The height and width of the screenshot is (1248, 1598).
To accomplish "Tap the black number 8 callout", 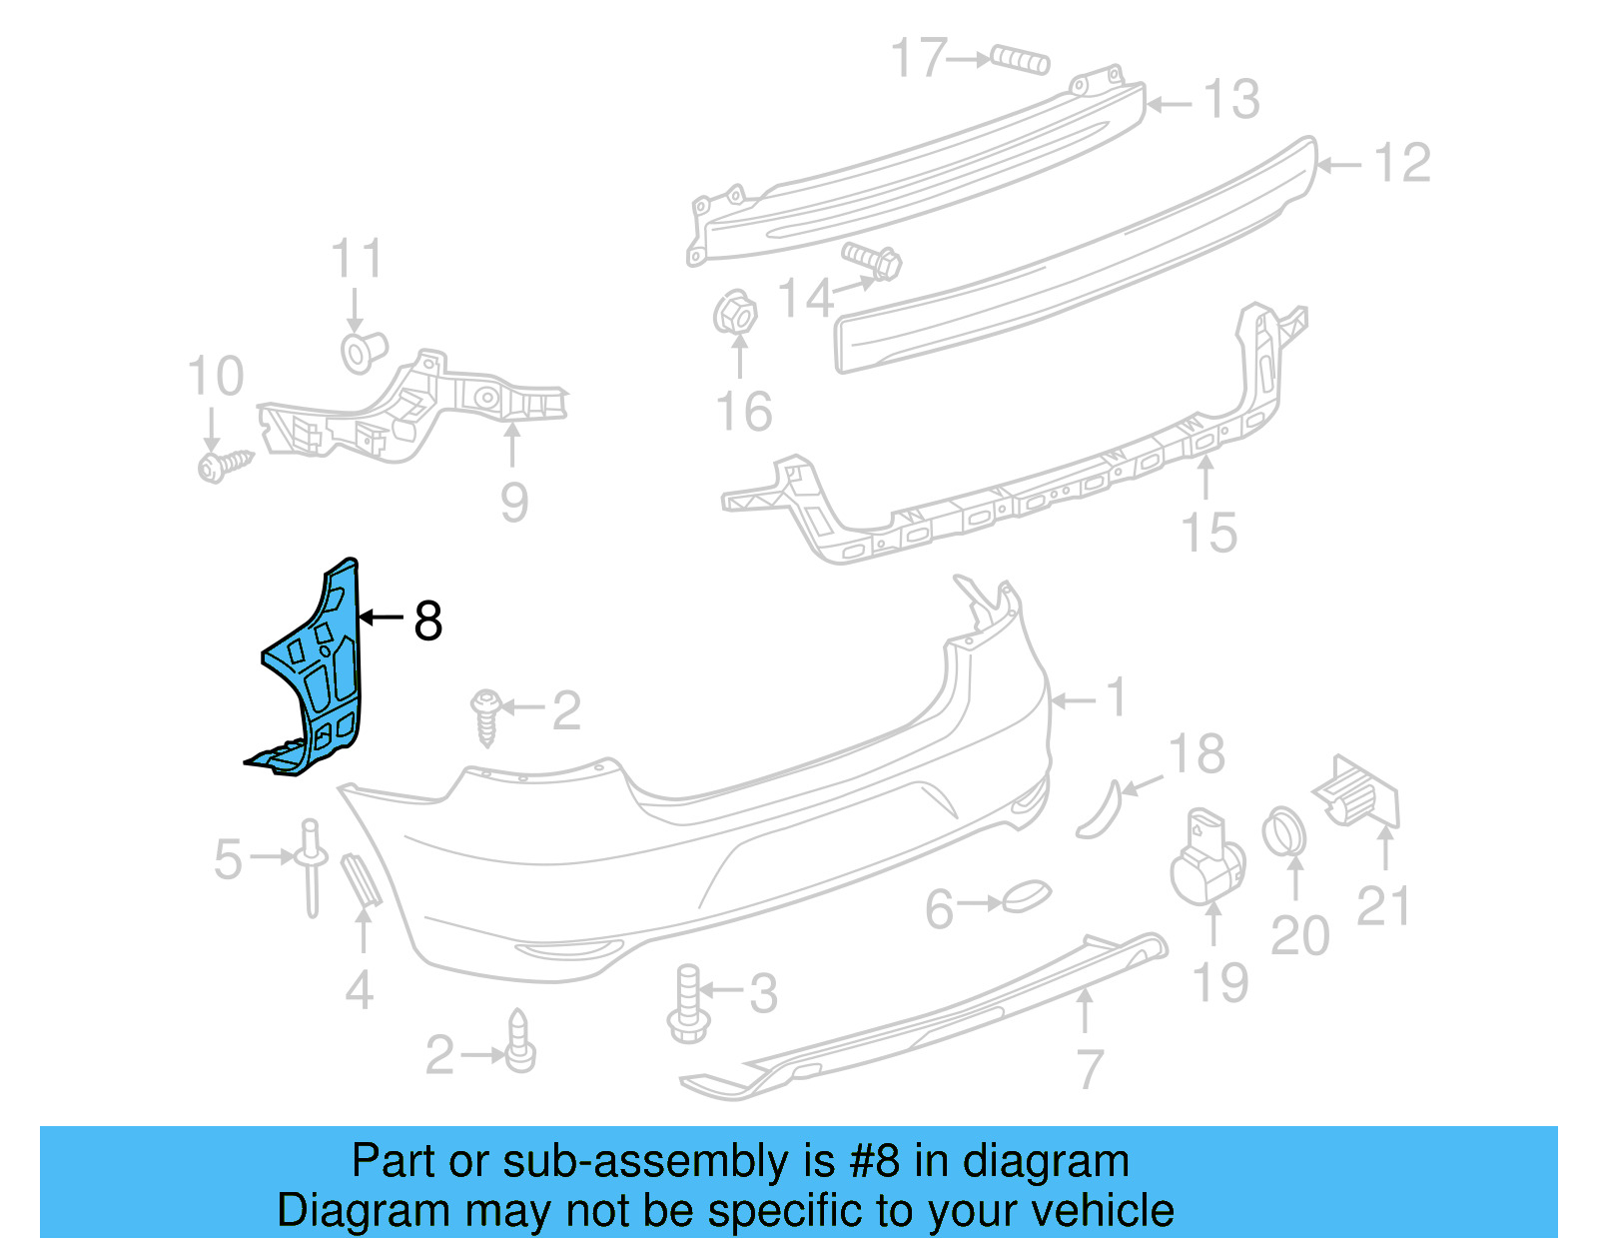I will click(x=427, y=622).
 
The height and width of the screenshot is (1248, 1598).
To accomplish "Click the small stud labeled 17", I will click(x=1020, y=60).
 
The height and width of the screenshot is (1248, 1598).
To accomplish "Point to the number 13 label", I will click(x=1231, y=100).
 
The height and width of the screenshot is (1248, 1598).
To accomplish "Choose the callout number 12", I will click(x=1402, y=163).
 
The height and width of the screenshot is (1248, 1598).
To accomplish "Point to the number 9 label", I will click(x=513, y=502).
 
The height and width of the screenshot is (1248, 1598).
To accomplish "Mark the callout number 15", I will click(x=1208, y=533).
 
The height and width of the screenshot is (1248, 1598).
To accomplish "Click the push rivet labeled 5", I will click(x=312, y=865).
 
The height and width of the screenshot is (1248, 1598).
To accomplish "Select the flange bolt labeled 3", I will click(x=687, y=1003).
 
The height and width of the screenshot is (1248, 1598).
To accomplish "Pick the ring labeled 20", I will click(x=1284, y=832).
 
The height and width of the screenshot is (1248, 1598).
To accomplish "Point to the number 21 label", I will click(x=1383, y=906).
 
